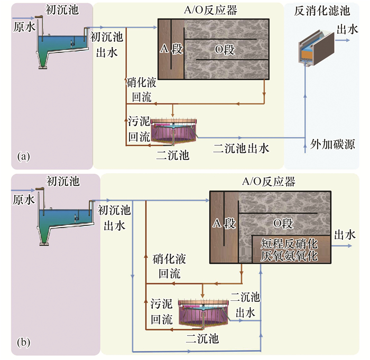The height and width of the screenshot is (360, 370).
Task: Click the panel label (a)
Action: tap(23, 156)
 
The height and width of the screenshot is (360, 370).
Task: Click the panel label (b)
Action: tap(23, 342)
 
